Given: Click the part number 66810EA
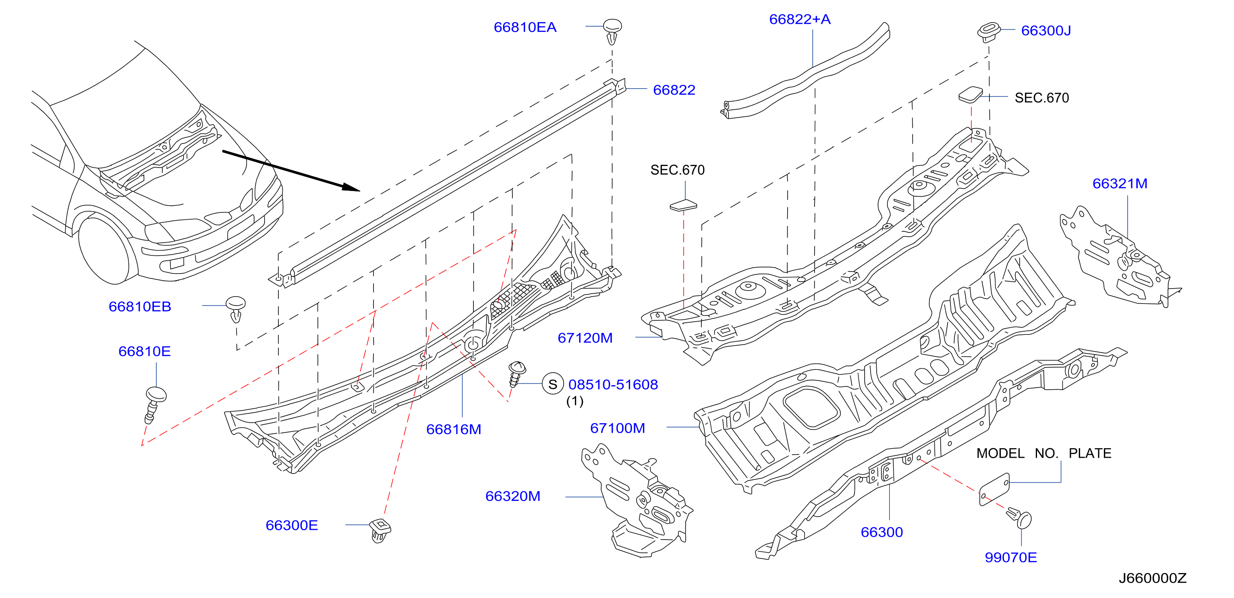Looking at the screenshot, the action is click(525, 27).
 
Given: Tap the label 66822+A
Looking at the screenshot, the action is click(800, 19).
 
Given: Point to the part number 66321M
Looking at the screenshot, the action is click(1120, 183).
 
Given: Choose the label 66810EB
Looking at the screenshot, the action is click(140, 307).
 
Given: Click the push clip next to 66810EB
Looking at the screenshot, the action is click(236, 309).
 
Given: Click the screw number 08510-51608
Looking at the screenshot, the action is click(613, 384).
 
